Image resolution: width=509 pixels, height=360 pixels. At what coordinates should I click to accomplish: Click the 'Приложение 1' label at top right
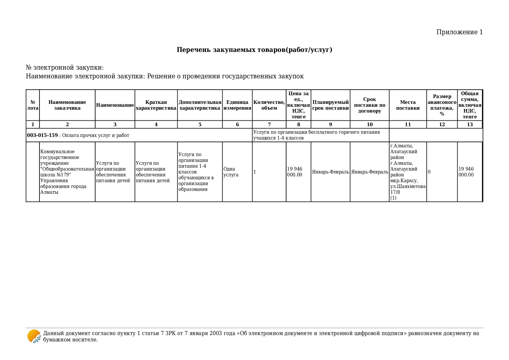(459, 32)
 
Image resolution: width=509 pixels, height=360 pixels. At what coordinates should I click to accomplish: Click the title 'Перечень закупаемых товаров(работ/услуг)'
(254, 50)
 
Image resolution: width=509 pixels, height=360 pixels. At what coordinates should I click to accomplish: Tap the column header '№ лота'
(33, 105)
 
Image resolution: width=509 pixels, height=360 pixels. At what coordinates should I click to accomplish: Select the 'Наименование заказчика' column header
(67, 105)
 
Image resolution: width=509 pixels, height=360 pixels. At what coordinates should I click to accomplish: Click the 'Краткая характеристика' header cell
(156, 105)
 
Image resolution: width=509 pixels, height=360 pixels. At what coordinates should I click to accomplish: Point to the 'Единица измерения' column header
(237, 105)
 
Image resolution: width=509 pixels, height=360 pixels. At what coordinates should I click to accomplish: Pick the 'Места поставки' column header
(408, 105)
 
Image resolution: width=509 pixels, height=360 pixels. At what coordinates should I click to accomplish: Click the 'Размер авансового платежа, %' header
(442, 105)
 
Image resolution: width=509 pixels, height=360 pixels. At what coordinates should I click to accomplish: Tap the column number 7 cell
(269, 124)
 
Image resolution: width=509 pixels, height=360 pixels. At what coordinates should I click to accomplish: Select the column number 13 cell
(470, 124)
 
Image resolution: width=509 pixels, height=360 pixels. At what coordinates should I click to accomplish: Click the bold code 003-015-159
(42, 135)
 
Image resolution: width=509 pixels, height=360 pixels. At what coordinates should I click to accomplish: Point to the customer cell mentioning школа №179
(67, 172)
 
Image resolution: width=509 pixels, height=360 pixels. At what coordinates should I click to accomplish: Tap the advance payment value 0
(429, 172)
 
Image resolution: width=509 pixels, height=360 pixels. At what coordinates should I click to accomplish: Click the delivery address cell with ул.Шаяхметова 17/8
(408, 172)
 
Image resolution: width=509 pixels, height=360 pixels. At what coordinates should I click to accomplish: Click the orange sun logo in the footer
(34, 336)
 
